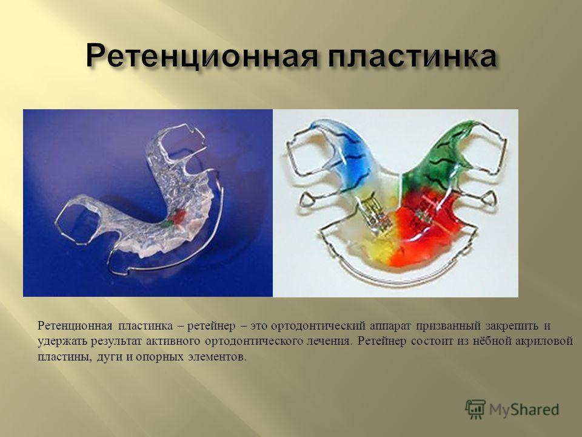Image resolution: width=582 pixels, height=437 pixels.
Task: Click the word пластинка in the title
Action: coord(412,56)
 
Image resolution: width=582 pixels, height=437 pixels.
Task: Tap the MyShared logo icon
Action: coord(475,410)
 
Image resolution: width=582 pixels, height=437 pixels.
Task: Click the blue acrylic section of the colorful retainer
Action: coord(351,156)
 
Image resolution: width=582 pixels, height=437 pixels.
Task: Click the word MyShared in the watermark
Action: coord(524,410)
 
